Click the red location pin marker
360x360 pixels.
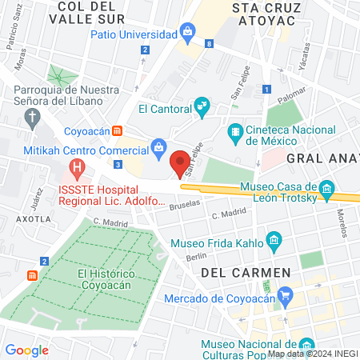coord(180,162)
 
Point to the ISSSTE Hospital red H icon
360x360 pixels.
coord(78,169)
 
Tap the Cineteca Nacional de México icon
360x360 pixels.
coord(235,131)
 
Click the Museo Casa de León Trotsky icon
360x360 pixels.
coord(326,190)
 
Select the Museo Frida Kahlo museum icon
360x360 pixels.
coord(274,240)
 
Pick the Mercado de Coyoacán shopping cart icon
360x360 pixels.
coord(286,296)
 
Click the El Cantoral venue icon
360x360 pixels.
coord(202,106)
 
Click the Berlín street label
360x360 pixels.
coord(196,258)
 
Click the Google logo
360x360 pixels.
coord(26,350)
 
